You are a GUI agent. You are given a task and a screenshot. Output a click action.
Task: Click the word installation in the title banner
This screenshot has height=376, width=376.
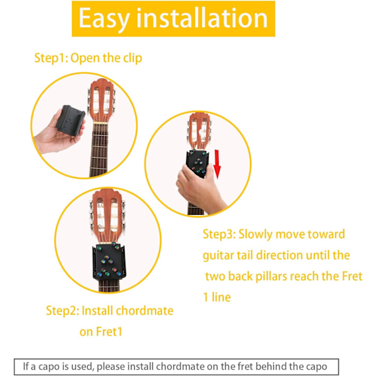pyautogui.click(x=202, y=18)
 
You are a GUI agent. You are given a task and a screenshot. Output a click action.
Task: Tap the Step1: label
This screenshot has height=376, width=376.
pyautogui.click(x=51, y=58)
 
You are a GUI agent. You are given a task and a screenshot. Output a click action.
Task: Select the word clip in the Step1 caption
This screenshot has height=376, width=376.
pyautogui.click(x=133, y=59)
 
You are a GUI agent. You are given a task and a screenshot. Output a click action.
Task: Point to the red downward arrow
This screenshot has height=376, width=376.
pyautogui.click(x=217, y=164)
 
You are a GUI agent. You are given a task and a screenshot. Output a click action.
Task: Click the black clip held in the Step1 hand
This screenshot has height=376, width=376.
pyautogui.click(x=70, y=120)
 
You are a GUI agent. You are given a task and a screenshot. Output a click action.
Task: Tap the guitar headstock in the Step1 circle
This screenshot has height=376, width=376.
pyautogui.click(x=102, y=101)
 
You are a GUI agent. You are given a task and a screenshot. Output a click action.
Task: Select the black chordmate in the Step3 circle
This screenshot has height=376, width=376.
pyautogui.click(x=197, y=163)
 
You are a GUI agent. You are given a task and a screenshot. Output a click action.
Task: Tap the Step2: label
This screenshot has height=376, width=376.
pyautogui.click(x=62, y=311)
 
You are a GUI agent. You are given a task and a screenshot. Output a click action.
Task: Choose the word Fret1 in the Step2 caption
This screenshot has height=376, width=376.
pyautogui.click(x=109, y=332)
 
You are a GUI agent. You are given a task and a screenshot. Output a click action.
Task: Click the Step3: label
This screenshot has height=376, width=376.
pyautogui.click(x=219, y=234)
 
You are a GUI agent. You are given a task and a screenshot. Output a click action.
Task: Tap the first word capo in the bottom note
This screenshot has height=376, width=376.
pyautogui.click(x=49, y=367)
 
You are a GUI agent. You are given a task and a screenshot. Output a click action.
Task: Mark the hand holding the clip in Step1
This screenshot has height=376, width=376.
pyautogui.click(x=59, y=134)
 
